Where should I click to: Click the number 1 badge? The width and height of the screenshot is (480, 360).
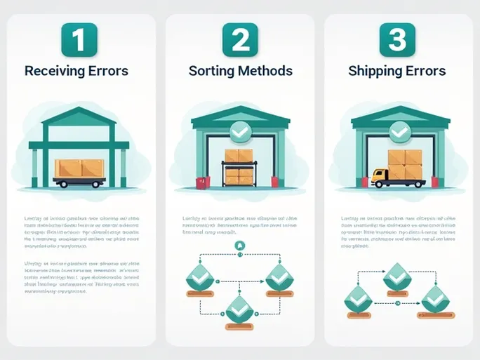coord(79,40)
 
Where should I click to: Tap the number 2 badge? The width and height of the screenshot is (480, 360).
coord(240,40)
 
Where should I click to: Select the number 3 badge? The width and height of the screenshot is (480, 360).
coord(398,40)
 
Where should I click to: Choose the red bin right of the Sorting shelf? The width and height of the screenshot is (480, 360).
coord(276,182)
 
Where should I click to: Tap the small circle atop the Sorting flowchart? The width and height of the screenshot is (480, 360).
coord(239,245)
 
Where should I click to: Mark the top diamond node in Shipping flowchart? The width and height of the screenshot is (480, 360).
coord(397,275)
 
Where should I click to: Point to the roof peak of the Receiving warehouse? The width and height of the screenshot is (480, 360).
coord(79,109)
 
